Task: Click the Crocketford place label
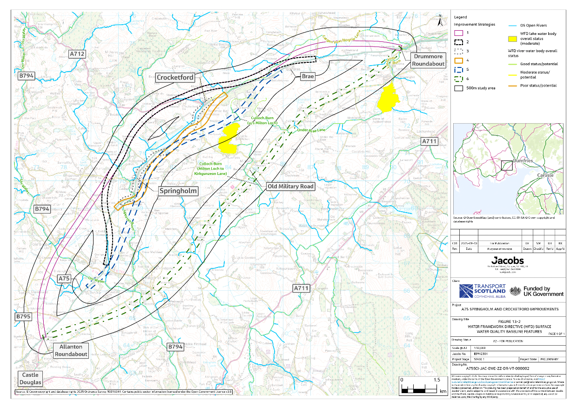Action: pyautogui.click(x=175, y=77)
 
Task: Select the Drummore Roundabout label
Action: pyautogui.click(x=428, y=60)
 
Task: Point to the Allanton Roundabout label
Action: pyautogui.click(x=71, y=350)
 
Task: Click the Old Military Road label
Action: pyautogui.click(x=290, y=187)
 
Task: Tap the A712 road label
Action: pyautogui.click(x=77, y=54)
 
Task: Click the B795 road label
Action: pyautogui.click(x=23, y=317)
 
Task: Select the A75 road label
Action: pyautogui.click(x=64, y=278)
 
